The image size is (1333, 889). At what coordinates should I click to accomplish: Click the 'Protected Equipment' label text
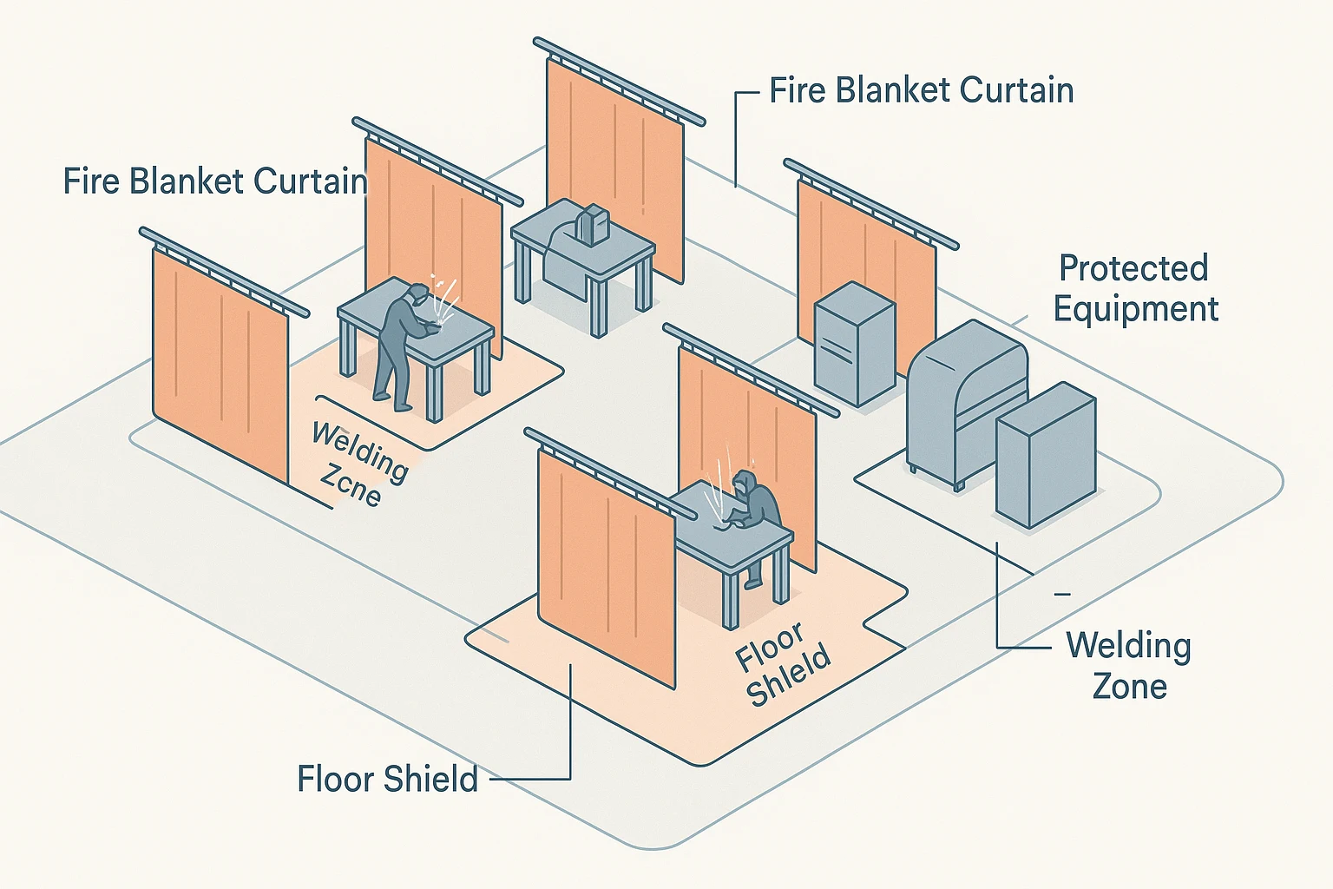pyautogui.click(x=1135, y=289)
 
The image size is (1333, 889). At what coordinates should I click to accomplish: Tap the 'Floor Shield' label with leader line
pyautogui.click(x=387, y=779)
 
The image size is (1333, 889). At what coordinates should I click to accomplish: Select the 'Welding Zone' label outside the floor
pyautogui.click(x=1128, y=666)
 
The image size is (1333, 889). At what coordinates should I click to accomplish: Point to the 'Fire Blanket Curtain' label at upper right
pyautogui.click(x=922, y=90)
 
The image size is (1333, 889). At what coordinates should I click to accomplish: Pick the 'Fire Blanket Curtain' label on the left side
pyautogui.click(x=215, y=181)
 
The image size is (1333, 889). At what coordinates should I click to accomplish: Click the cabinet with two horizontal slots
pyautogui.click(x=854, y=343)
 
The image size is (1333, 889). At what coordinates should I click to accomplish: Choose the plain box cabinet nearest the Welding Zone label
pyautogui.click(x=1045, y=456)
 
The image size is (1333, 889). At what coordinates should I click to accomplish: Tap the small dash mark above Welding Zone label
pyautogui.click(x=1061, y=594)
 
